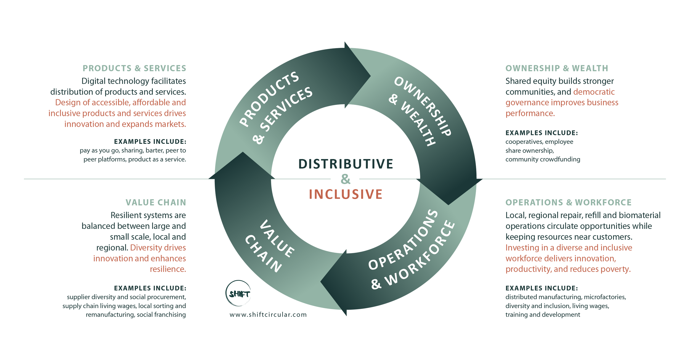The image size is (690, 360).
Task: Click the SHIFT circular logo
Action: (238, 293)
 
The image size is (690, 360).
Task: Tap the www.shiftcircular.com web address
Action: (268, 315)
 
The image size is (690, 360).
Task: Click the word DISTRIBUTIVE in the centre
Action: (346, 164)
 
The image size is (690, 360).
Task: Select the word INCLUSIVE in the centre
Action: (346, 194)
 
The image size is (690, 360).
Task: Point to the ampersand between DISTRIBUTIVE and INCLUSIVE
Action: (345, 179)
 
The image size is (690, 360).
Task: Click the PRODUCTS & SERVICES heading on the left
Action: (134, 68)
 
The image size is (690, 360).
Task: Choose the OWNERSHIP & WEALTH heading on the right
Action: (557, 68)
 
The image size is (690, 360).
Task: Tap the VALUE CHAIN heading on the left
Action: (156, 202)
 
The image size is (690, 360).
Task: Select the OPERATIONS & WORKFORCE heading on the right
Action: (569, 202)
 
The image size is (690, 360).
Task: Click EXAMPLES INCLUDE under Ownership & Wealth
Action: (542, 133)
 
